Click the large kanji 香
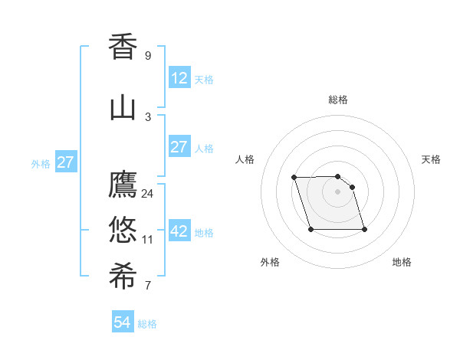[123, 47]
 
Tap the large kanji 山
[123, 107]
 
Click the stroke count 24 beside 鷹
[148, 193]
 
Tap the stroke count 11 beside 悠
[148, 239]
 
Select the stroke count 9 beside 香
[148, 56]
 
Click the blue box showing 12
[179, 78]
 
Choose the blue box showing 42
[179, 232]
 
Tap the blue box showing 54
[122, 322]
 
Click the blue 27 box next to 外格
[65, 162]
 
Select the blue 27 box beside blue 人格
[179, 147]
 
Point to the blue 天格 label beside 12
[203, 79]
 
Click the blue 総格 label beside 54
[147, 324]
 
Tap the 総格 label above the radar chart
[337, 100]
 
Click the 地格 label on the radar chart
[402, 262]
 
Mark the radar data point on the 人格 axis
[294, 178]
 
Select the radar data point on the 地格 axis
[364, 229]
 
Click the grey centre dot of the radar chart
[337, 191]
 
